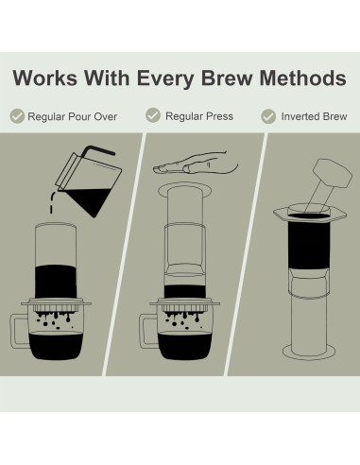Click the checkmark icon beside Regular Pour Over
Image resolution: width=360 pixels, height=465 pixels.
[17, 116]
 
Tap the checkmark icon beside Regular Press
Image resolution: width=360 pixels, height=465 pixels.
[152, 115]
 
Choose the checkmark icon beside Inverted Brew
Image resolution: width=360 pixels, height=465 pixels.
[267, 116]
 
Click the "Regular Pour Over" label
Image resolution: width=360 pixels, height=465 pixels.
[74, 116]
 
